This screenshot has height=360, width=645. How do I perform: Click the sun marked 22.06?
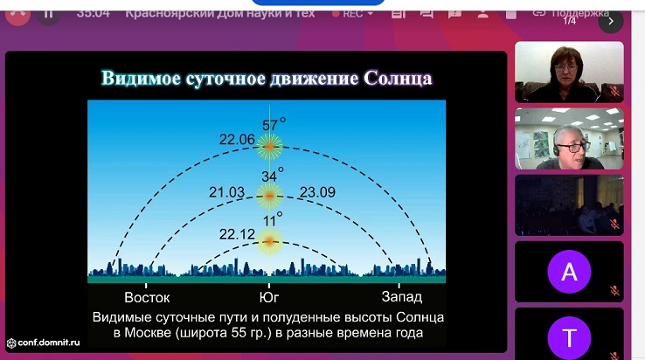[270, 146]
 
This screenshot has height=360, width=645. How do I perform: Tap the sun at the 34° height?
[270, 196]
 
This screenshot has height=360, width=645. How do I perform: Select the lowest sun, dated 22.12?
[270, 241]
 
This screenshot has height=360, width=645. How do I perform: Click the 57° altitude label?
[274, 124]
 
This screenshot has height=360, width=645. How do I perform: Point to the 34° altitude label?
[273, 176]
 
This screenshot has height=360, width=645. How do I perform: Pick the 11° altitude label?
[273, 219]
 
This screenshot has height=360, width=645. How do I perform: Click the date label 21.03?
[226, 192]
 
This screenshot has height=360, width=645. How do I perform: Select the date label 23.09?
[317, 192]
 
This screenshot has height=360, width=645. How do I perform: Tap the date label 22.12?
[237, 234]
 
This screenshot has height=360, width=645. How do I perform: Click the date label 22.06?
[237, 140]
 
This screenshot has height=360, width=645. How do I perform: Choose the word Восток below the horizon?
[147, 297]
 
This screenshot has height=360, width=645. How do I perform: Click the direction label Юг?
[269, 297]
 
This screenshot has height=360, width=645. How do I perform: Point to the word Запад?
[402, 296]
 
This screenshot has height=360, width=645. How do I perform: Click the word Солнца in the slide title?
[398, 78]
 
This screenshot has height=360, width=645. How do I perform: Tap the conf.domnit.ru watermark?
[44, 343]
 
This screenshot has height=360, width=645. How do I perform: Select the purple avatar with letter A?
[569, 272]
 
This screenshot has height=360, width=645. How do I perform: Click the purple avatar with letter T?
[569, 337]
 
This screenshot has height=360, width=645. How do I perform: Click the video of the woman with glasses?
[569, 72]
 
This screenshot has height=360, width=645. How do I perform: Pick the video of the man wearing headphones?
[569, 139]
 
